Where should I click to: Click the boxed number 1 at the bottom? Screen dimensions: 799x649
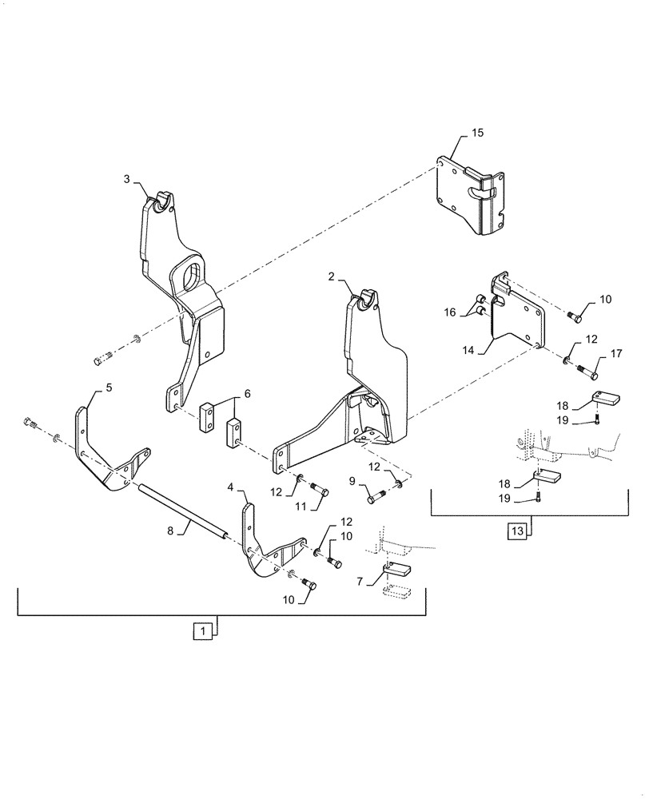(203, 632)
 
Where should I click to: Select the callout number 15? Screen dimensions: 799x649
(477, 133)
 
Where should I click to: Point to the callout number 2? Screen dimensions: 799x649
(332, 278)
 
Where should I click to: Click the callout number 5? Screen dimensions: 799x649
(109, 388)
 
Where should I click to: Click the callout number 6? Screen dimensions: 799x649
(247, 394)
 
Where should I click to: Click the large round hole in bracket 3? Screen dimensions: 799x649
(191, 277)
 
